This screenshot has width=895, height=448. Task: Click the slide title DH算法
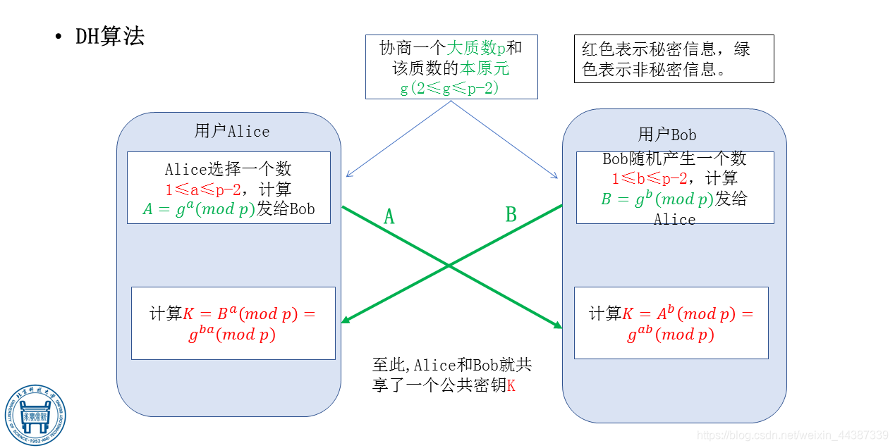click(x=109, y=37)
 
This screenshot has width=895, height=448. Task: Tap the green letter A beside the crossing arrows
click(x=389, y=217)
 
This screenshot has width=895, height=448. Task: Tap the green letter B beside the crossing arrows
click(x=511, y=215)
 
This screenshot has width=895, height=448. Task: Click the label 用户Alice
click(x=231, y=131)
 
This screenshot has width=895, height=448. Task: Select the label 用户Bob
click(x=667, y=135)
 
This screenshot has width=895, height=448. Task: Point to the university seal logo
click(x=35, y=415)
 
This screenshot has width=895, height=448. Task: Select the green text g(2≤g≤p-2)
click(x=450, y=88)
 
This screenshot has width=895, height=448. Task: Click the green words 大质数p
click(x=476, y=48)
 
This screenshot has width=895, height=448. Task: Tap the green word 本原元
click(x=485, y=68)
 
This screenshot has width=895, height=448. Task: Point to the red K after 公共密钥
click(x=511, y=386)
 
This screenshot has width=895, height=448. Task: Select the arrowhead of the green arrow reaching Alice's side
click(x=345, y=321)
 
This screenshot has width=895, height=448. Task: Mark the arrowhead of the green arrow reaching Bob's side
click(x=558, y=325)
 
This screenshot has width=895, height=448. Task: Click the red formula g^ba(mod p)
click(x=231, y=335)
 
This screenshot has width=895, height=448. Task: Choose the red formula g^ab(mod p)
click(x=670, y=335)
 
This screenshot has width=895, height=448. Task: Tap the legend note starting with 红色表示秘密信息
click(x=673, y=59)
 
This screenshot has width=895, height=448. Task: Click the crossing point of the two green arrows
click(x=449, y=265)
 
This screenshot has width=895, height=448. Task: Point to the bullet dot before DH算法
click(x=59, y=37)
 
